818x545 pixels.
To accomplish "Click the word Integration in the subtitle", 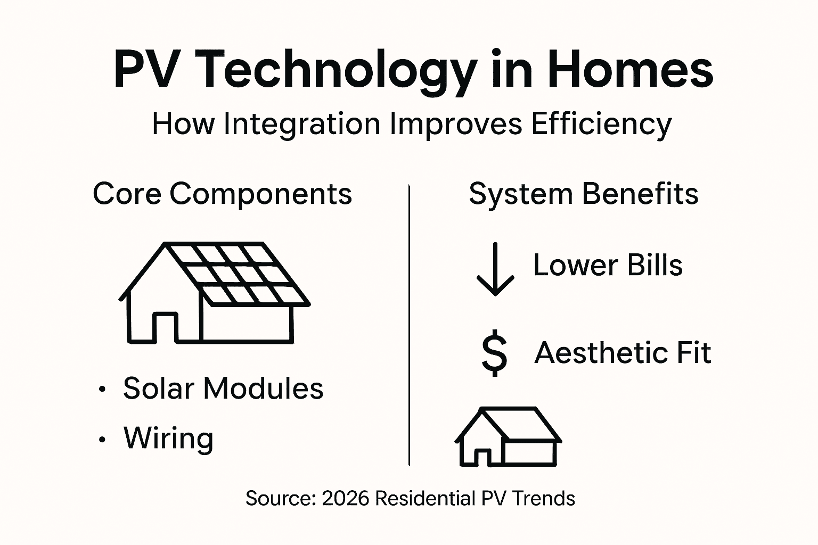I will click(302, 125).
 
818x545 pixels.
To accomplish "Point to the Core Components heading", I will click(222, 194).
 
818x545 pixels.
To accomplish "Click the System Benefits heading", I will click(583, 194).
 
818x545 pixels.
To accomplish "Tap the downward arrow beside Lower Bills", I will click(495, 269).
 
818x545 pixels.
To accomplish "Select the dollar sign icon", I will click(494, 353).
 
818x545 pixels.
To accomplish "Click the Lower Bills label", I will click(608, 265).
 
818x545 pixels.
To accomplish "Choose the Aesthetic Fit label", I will click(623, 353).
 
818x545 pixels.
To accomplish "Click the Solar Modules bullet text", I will click(223, 388).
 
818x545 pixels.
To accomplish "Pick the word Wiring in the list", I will click(168, 438).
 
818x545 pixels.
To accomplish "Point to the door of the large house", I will click(165, 327).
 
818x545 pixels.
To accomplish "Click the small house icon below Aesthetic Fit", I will click(508, 437).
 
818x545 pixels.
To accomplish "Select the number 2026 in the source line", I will click(345, 499).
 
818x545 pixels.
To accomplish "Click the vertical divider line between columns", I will click(409, 325).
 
